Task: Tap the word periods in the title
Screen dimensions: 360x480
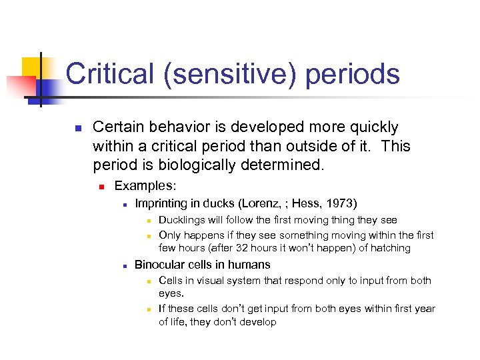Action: point(353,74)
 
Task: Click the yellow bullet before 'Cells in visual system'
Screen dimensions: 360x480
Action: point(151,281)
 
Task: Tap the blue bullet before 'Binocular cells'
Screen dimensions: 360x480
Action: point(125,265)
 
